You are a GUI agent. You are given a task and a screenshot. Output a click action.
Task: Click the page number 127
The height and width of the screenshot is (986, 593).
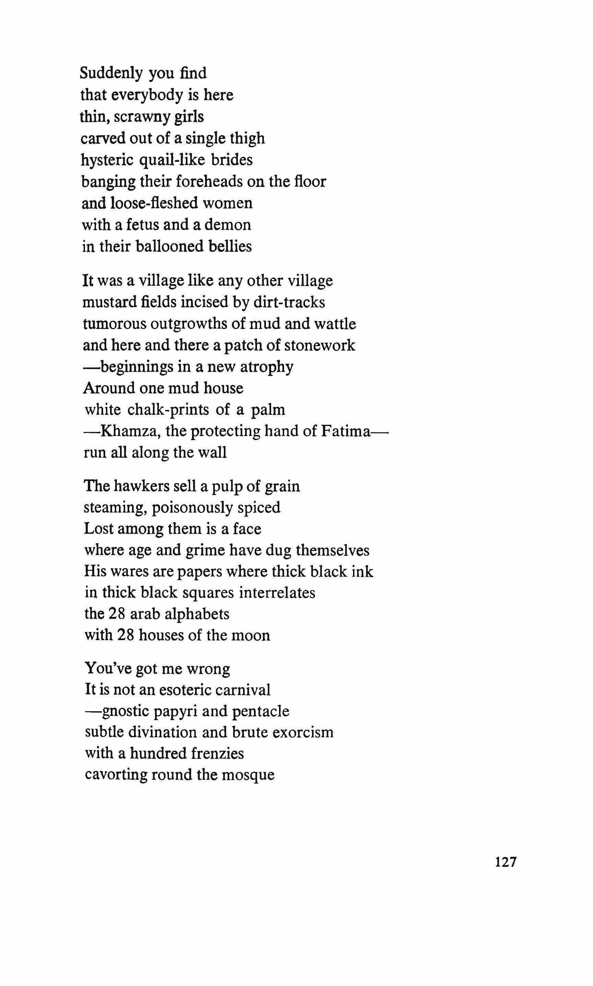(506, 872)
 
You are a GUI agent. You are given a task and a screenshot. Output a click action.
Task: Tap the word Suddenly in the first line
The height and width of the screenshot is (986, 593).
(111, 73)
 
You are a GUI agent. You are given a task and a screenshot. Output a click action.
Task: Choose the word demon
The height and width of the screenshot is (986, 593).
(228, 225)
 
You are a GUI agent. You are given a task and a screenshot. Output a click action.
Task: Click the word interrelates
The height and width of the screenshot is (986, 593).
(277, 592)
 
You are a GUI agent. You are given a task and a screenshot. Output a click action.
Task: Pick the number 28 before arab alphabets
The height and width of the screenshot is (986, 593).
(117, 614)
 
